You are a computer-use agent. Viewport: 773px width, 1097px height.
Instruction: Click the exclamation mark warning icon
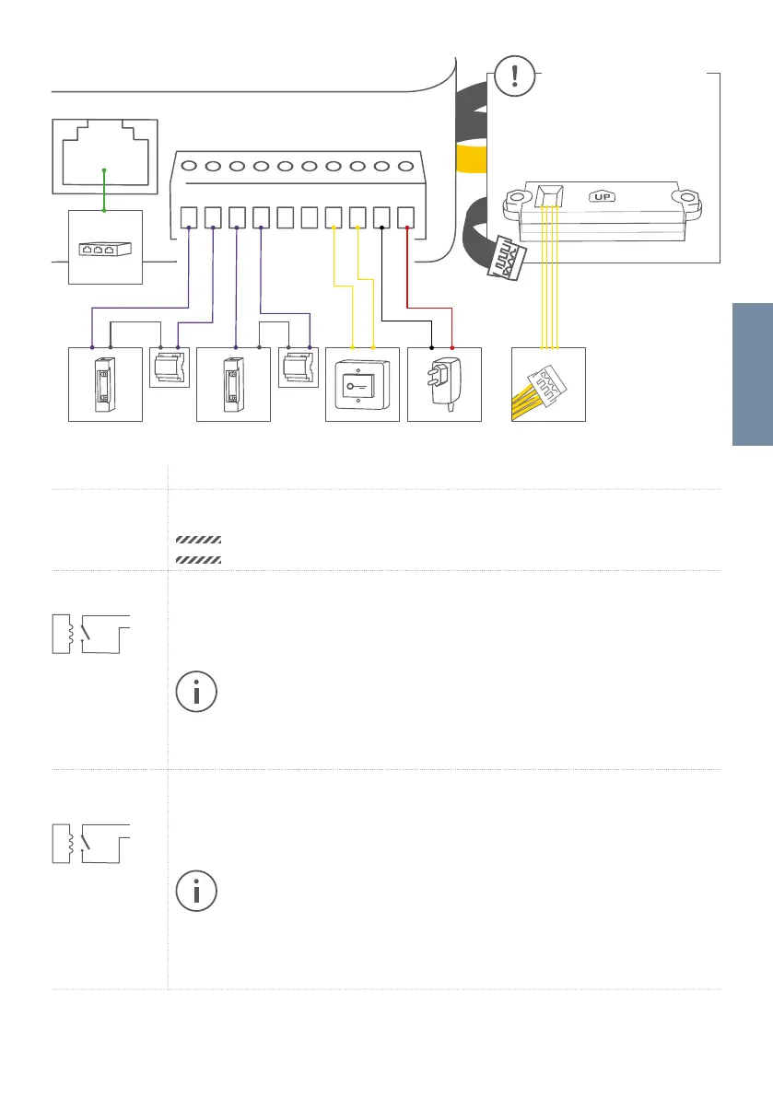514,76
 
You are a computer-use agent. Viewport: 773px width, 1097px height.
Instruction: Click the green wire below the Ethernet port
104,190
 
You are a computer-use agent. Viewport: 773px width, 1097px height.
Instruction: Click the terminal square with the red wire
405,217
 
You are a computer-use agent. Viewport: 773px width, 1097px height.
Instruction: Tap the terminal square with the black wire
381,217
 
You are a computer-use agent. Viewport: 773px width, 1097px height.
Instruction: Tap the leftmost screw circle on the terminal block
189,167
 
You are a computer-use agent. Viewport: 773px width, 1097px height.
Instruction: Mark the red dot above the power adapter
452,347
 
